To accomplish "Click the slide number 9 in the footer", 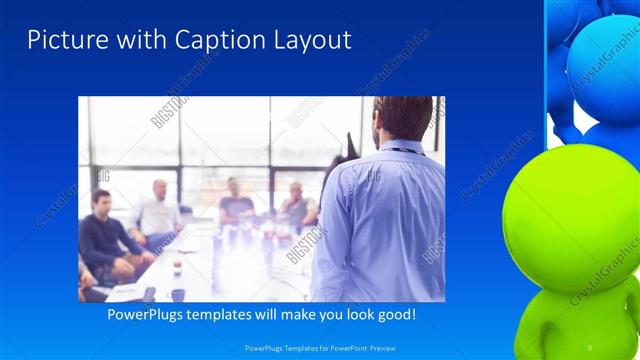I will pos(589,347).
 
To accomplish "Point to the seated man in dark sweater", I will pos(104,235).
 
